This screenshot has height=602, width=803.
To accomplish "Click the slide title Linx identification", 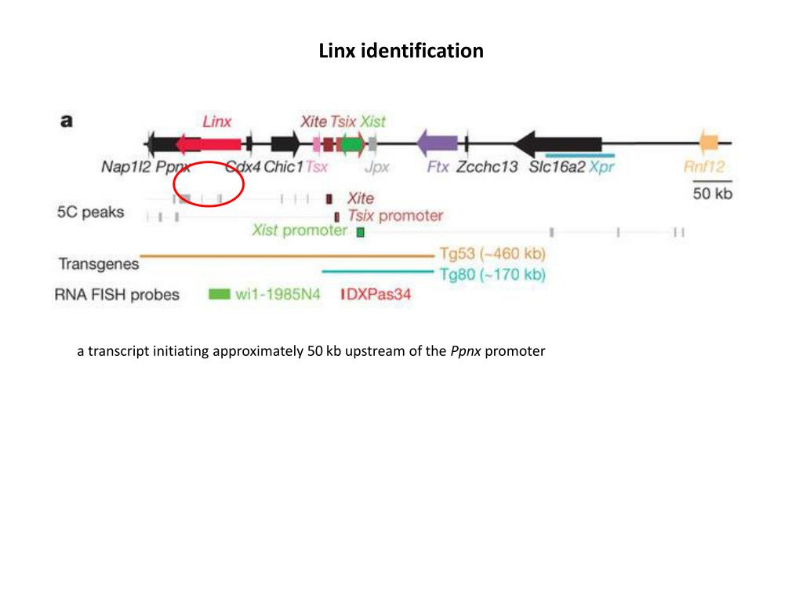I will point(401,52).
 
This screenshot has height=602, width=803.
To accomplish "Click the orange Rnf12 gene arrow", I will point(709,143).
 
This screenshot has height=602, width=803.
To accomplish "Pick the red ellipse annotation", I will point(209,183).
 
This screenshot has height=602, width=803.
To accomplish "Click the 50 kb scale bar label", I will point(712,193).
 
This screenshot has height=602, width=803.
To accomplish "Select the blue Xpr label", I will point(603,166).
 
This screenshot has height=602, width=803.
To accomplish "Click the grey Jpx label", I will point(376,166).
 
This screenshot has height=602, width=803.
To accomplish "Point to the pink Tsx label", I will point(316,166).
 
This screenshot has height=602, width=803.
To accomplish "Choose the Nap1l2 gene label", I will point(126,166).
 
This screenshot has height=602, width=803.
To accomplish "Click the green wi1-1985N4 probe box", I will point(220,295).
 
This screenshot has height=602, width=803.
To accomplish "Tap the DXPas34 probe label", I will point(379,295).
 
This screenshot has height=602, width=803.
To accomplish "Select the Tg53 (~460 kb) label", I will point(492,255).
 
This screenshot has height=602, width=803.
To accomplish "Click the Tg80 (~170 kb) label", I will point(492,274).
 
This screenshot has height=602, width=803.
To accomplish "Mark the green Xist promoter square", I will point(360,232).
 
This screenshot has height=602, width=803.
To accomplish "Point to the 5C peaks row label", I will point(90,212).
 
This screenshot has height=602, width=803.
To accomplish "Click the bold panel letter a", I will point(67,121).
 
